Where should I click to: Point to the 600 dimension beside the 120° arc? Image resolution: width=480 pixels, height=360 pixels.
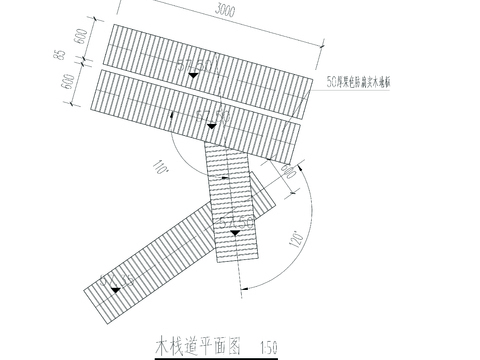tap(288, 171)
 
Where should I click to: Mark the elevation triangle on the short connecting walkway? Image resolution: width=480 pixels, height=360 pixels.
tap(235, 233)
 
